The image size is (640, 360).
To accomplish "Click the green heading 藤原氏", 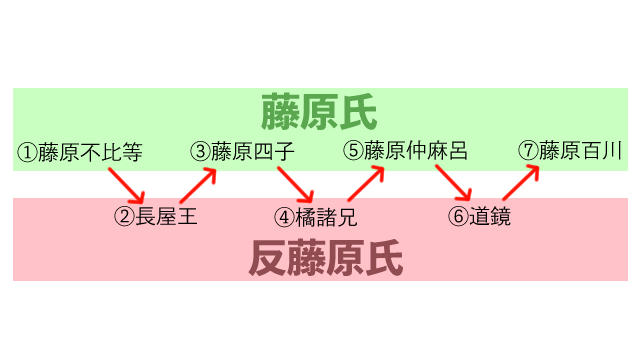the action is (320, 112).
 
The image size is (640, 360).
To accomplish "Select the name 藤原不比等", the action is (90, 153).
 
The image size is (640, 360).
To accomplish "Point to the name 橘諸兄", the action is (325, 216).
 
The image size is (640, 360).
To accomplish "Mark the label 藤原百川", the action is (581, 151).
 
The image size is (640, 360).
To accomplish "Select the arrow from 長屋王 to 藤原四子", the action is (199, 184).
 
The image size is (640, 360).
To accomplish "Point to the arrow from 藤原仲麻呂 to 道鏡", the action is (453, 184).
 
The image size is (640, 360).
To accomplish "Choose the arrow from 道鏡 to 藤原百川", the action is (520, 184).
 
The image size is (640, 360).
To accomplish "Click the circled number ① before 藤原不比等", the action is (27, 153).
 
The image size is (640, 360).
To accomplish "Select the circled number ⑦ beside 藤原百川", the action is (529, 151).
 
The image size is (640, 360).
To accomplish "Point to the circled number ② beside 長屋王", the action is (124, 216).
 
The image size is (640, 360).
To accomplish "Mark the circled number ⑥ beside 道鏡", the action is (459, 216).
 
